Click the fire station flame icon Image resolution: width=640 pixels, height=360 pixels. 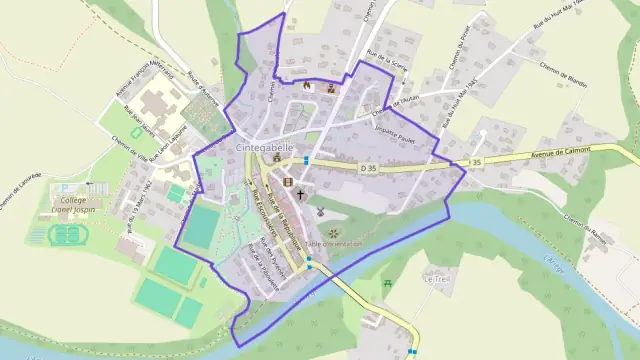pos(306,86)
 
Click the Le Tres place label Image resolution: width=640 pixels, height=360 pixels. pos(437,280)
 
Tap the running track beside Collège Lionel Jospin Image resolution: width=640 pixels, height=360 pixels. pos(66,236)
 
